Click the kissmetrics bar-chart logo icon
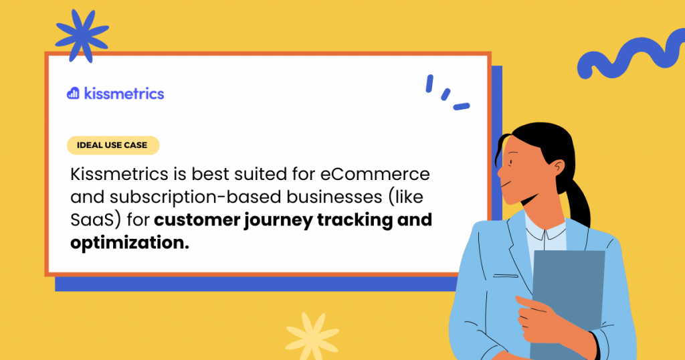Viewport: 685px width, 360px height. click(x=73, y=93)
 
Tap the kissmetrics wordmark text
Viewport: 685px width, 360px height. click(x=124, y=94)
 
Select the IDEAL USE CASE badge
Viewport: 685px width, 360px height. click(x=112, y=145)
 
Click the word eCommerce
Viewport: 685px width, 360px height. click(x=375, y=174)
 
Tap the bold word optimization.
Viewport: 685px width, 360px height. click(x=130, y=242)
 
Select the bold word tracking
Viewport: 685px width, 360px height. click(x=355, y=219)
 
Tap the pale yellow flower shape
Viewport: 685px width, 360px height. click(x=312, y=336)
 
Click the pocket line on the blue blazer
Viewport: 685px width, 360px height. click(x=506, y=276)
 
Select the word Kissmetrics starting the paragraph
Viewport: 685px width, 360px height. click(x=119, y=174)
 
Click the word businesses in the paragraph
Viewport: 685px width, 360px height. click(x=334, y=197)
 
